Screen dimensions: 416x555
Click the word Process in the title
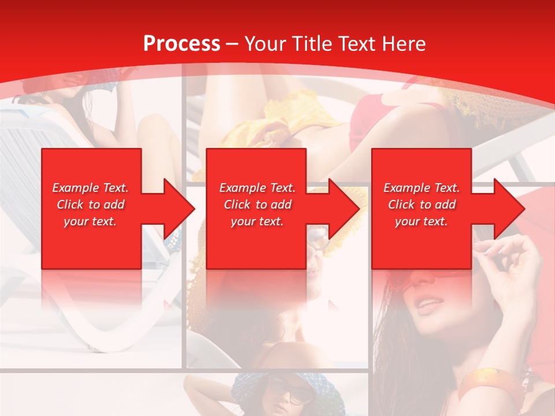pos(182,44)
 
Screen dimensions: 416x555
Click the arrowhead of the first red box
pos(179,209)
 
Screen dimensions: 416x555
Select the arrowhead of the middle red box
pos(344,209)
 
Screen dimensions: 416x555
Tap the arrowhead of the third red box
pos(509,209)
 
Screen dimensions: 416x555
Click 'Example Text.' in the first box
pos(90,188)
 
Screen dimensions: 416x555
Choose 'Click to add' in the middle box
pos(257,205)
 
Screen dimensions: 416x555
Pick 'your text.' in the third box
pos(421,221)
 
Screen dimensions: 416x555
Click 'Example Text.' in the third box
pos(421,188)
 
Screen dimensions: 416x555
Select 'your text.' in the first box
pos(90,221)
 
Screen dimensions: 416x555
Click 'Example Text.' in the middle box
pos(257,188)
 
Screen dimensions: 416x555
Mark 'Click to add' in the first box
pos(90,205)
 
